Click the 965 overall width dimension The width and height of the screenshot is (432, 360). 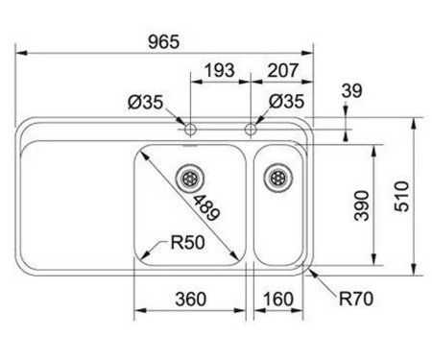164,42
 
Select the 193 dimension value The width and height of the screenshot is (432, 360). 220,70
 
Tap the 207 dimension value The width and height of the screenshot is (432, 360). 283,70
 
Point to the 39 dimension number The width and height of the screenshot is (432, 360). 352,90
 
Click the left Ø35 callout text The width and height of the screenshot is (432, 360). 146,102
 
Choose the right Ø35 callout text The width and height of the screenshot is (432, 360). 287,102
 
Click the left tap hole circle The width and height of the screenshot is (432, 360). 190,130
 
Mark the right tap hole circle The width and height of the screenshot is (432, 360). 251,130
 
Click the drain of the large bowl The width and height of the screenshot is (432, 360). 190,179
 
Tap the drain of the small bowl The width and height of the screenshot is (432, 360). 277,178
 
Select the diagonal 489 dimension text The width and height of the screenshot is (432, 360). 206,208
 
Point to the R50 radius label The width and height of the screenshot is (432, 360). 187,243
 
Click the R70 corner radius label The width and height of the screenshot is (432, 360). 356,300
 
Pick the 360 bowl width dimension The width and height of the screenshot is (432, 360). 191,300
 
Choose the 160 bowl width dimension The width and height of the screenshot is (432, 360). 277,300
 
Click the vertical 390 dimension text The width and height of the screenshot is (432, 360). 362,205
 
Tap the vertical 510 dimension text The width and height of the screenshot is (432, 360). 402,196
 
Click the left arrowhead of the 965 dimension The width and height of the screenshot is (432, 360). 21,53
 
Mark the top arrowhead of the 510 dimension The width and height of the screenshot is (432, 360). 414,123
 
